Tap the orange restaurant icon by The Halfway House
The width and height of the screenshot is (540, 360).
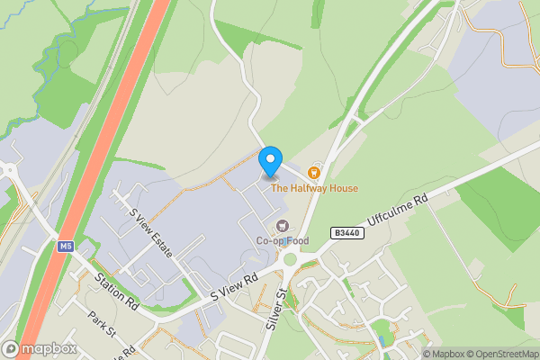(x=314, y=172)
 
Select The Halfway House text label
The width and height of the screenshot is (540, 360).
(x=315, y=188)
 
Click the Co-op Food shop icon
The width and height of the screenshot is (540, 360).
(x=283, y=225)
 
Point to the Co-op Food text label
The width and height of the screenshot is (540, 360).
(x=283, y=241)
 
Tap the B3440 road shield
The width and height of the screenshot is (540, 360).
(x=345, y=232)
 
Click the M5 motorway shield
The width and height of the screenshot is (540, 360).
(x=66, y=247)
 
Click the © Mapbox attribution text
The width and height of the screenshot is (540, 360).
(x=445, y=354)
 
